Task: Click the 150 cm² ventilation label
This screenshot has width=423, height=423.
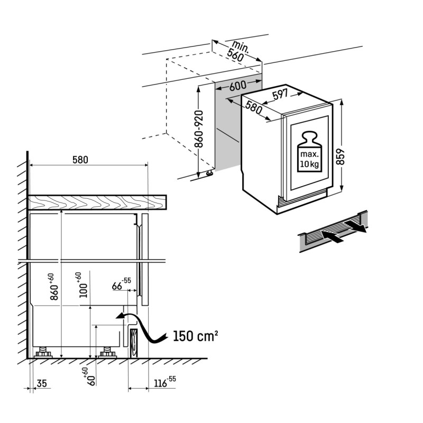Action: pos(195,336)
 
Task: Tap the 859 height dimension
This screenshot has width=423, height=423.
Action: pos(341,157)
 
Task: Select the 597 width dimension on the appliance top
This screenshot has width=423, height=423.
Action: pos(280,95)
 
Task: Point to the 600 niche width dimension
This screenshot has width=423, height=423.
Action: pos(238,86)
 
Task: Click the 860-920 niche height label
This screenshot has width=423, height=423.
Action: pos(199,129)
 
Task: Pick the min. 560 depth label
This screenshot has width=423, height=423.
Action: pos(237,51)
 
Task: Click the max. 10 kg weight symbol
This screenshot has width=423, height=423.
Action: pos(309,152)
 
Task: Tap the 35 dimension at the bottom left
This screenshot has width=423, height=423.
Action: pos(42,383)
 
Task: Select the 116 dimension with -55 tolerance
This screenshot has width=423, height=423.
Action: pos(164,382)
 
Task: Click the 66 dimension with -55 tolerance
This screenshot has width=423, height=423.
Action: pos(122,284)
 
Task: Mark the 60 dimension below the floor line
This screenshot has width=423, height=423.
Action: pos(89,376)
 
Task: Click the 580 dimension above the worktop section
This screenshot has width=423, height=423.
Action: pos(80,160)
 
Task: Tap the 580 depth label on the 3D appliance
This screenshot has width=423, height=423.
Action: pos(254,107)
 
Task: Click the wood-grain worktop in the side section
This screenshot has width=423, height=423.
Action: pos(97,202)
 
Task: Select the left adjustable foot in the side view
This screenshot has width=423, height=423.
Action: pos(43,352)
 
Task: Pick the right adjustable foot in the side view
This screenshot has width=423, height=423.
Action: pos(107,352)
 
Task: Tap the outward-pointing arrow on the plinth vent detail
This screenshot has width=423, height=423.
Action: pos(355,226)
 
